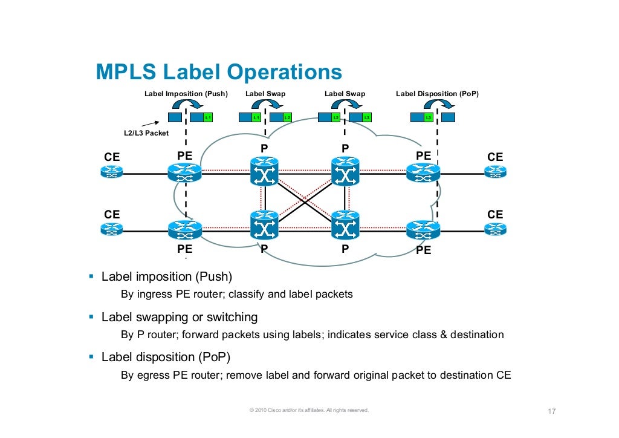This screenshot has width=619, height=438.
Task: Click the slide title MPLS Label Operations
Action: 219,73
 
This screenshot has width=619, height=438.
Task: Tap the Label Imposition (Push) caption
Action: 186,94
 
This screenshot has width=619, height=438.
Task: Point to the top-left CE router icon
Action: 111,172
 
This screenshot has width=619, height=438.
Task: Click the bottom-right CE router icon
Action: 495,229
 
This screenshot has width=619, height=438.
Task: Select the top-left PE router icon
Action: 184,173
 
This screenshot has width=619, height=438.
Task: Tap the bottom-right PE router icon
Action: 423,229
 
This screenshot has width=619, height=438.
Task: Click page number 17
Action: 551,412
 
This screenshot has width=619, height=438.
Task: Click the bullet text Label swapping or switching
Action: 180,317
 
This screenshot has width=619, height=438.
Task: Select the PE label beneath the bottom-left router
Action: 184,249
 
